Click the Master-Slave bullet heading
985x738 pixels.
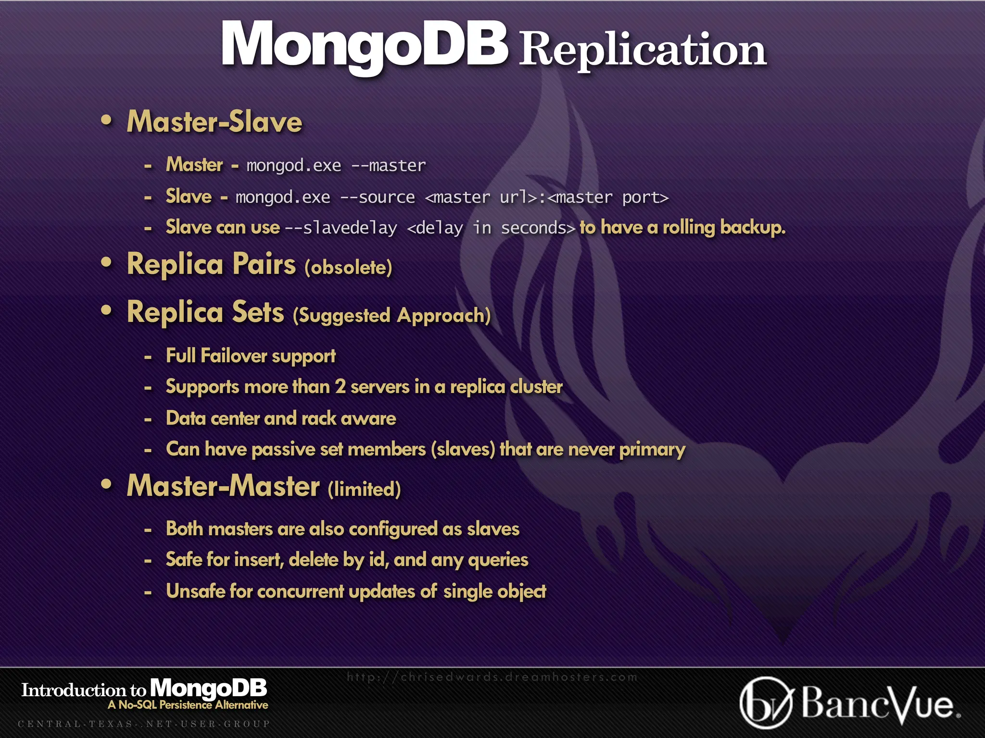point(215,122)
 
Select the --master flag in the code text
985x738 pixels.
point(389,166)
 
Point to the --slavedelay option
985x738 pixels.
point(341,228)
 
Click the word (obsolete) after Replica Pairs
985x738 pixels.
point(348,267)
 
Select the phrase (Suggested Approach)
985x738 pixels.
point(391,316)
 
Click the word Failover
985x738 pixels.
point(234,356)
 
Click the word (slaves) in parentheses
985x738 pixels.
point(463,450)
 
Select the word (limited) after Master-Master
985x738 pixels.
point(364,489)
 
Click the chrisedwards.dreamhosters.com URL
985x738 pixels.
point(492,677)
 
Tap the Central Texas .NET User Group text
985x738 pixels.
point(144,724)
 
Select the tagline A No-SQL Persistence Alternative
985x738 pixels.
point(188,705)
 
